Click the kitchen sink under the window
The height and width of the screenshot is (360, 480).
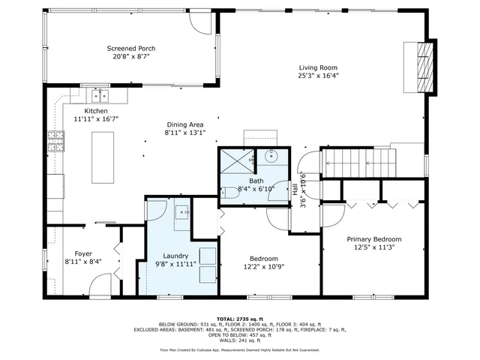click(x=100, y=95)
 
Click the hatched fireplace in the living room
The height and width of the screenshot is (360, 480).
click(x=424, y=67)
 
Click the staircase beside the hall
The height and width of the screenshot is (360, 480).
click(x=358, y=162)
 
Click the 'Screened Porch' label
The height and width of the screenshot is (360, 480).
click(x=131, y=48)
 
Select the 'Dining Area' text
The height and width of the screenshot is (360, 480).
click(x=184, y=124)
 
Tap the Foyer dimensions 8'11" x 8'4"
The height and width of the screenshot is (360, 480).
click(x=82, y=262)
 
